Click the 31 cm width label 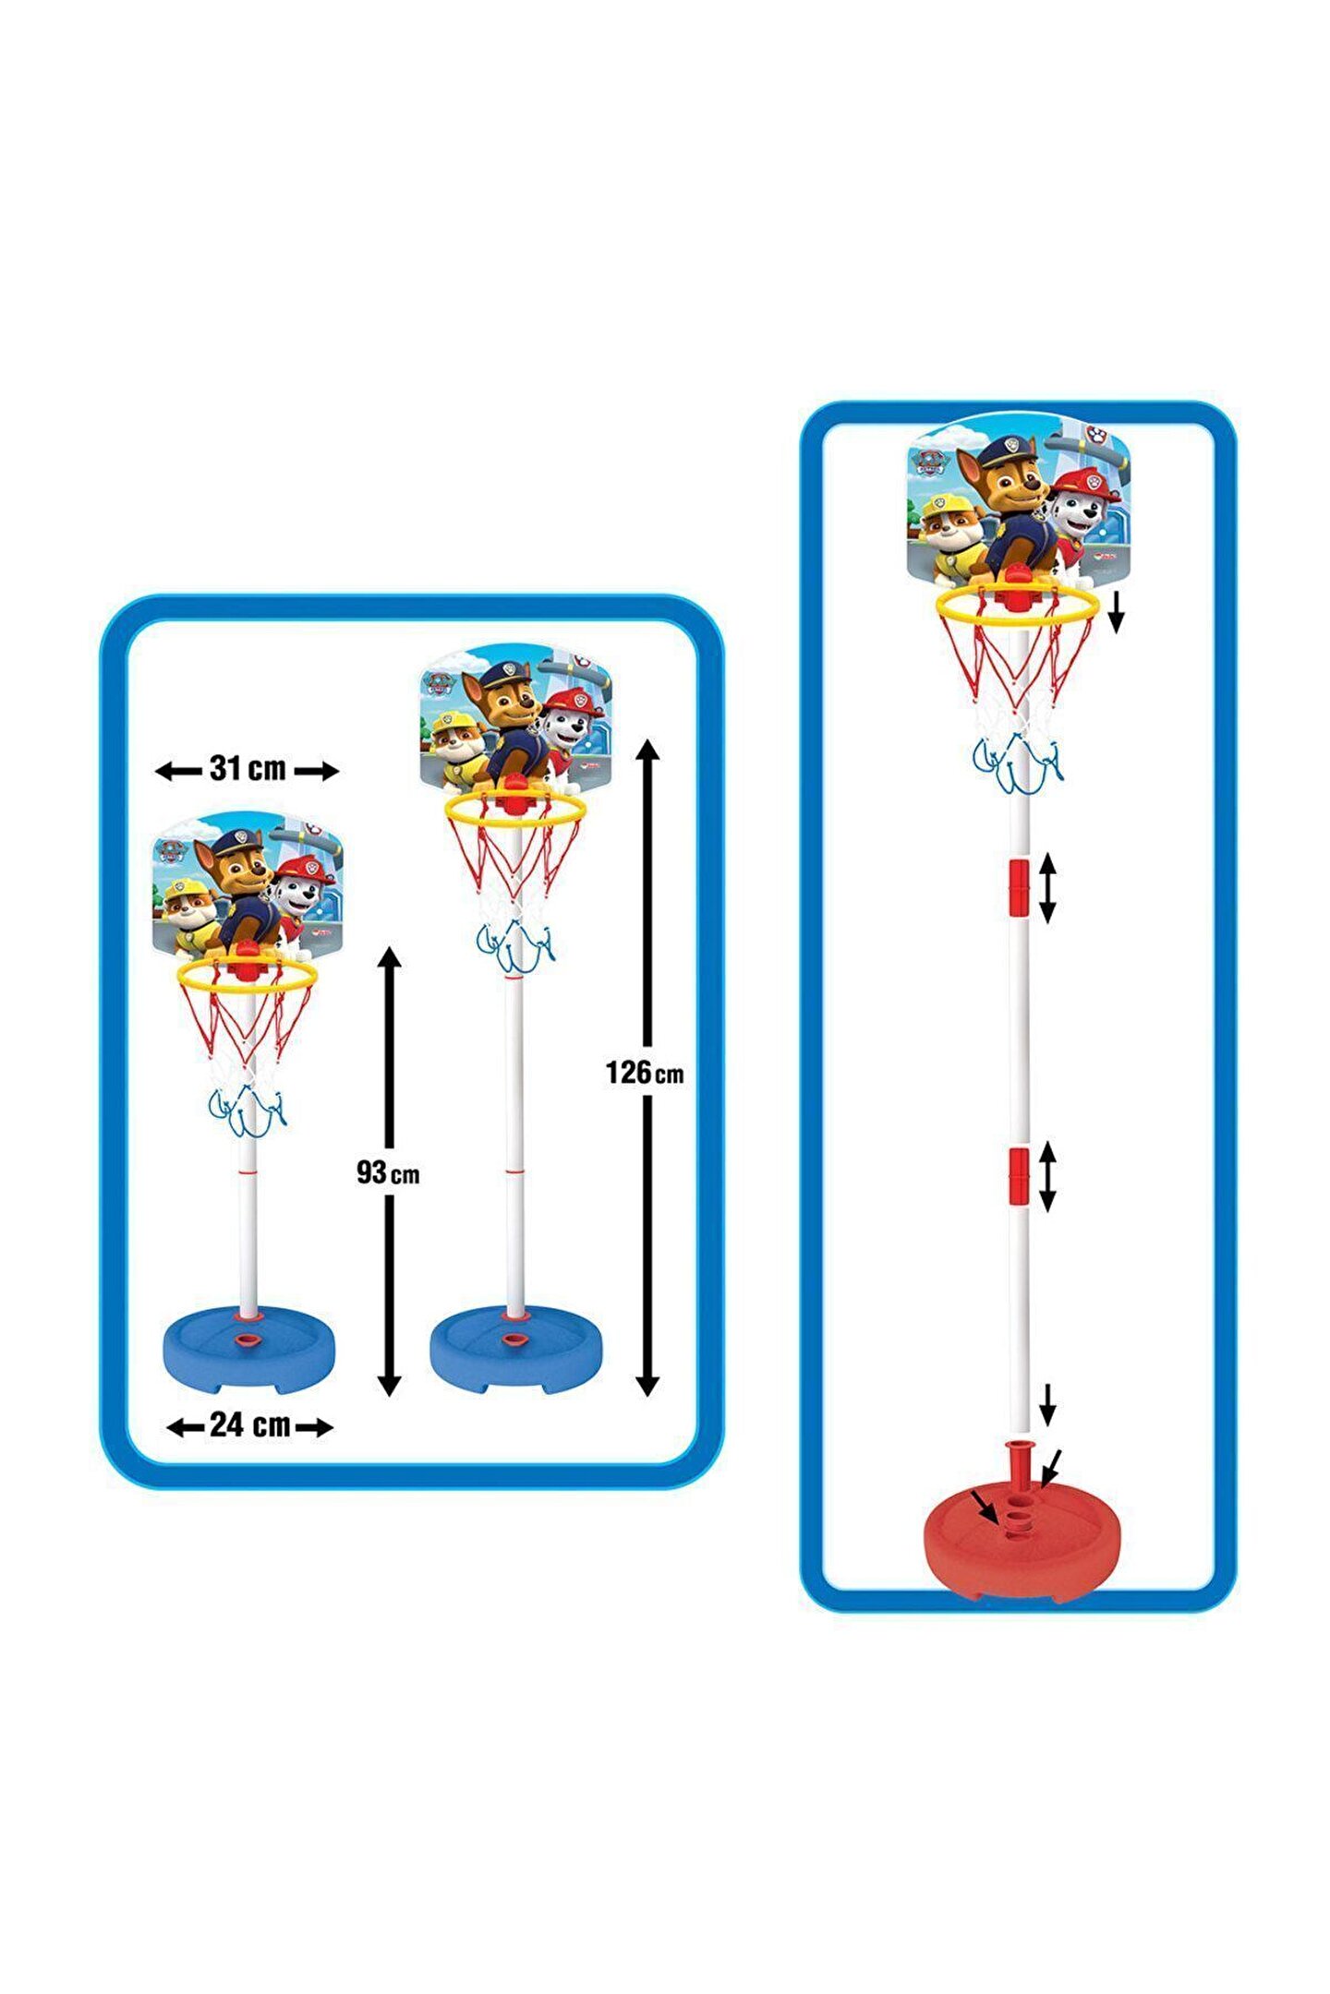point(248,769)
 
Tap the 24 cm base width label point(249,1424)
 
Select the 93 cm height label point(388,1173)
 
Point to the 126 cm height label point(645,1073)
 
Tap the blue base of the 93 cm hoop point(248,1351)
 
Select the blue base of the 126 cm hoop point(515,1351)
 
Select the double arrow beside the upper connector point(1047,887)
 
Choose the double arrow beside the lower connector point(1047,1177)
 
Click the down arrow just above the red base point(1046,1404)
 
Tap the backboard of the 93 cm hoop point(248,882)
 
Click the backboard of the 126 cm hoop point(515,715)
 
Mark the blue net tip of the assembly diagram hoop point(1018,765)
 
